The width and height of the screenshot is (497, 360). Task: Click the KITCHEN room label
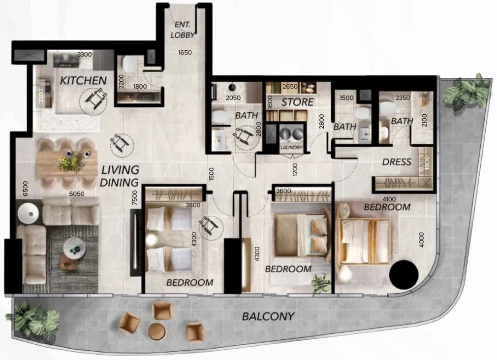click(x=83, y=81)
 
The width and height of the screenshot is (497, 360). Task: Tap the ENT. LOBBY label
click(x=183, y=30)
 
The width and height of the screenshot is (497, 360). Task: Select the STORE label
click(x=297, y=102)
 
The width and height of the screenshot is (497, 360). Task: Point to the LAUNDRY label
click(x=291, y=147)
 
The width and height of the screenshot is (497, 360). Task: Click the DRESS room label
click(x=397, y=162)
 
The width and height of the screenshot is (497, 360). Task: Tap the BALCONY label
click(x=268, y=317)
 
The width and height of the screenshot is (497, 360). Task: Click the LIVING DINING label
click(x=120, y=176)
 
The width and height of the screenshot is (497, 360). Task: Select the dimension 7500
click(x=135, y=197)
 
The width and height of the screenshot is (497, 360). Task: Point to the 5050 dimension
click(x=77, y=194)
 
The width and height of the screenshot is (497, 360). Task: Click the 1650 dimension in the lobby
click(x=185, y=52)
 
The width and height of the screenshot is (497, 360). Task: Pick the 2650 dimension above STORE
click(x=290, y=86)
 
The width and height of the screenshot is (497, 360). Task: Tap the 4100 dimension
click(x=389, y=199)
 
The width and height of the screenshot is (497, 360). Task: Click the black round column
click(x=404, y=275)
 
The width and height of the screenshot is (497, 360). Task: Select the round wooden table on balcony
click(x=156, y=332)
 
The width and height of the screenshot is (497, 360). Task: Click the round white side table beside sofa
click(x=28, y=213)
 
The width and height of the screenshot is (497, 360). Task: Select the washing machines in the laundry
click(x=291, y=133)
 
